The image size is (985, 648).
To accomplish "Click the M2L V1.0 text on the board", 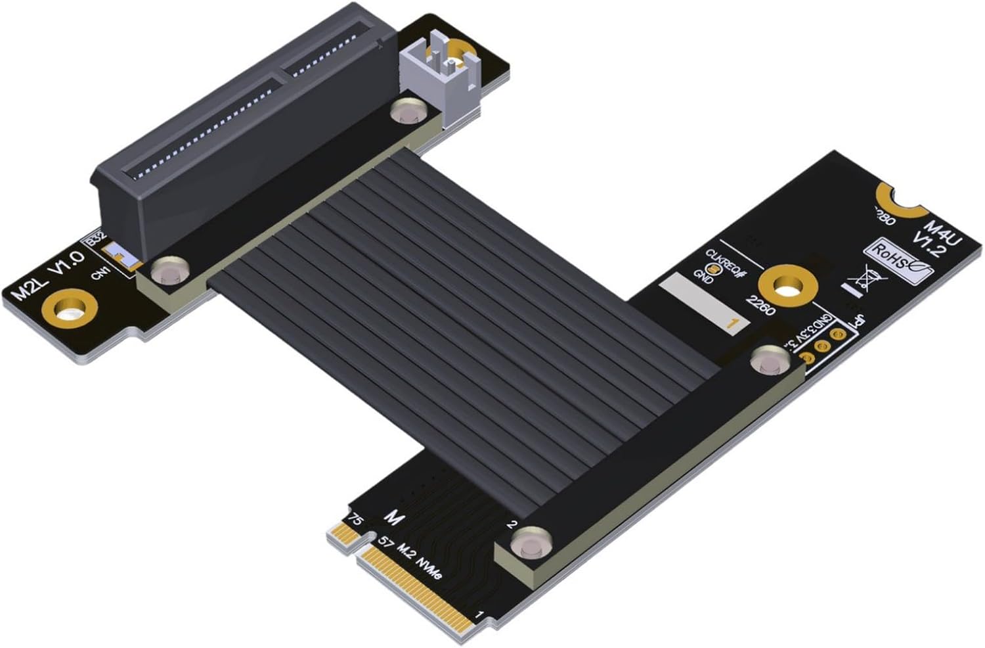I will [x=49, y=276].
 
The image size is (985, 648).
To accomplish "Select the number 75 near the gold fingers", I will [x=355, y=519].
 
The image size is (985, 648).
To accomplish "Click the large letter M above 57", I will [x=393, y=518].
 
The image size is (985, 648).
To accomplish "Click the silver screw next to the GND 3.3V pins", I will [x=771, y=360].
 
